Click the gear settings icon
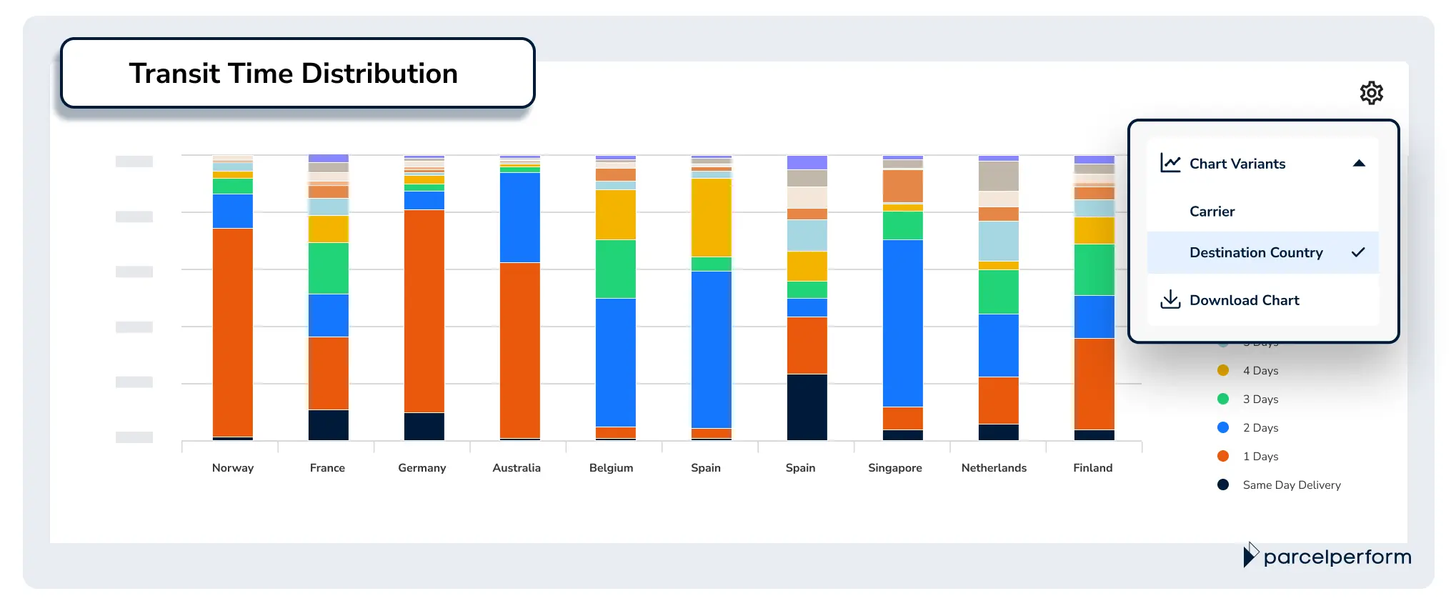click(x=1371, y=93)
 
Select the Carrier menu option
click(x=1212, y=212)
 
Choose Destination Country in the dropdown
click(x=1255, y=252)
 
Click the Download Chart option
click(x=1244, y=300)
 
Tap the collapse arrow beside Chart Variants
click(x=1359, y=164)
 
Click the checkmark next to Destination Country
click(x=1358, y=252)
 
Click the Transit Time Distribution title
click(x=293, y=74)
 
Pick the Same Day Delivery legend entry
click(x=1291, y=485)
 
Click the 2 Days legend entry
click(x=1260, y=427)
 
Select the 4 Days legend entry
click(x=1260, y=370)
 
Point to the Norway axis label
click(x=233, y=467)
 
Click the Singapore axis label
click(x=894, y=467)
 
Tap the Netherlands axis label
click(x=993, y=467)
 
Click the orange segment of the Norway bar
click(x=233, y=332)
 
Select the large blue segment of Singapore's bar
click(x=902, y=323)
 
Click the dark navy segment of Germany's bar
click(x=424, y=426)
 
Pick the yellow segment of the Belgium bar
click(x=615, y=214)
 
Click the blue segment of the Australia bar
click(x=519, y=217)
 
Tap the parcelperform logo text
click(x=1337, y=557)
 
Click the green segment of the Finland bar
click(x=1094, y=269)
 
